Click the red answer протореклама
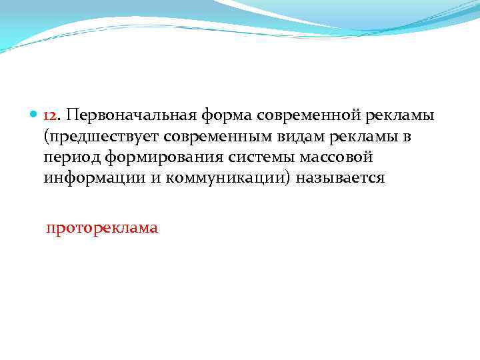tap(101, 228)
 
